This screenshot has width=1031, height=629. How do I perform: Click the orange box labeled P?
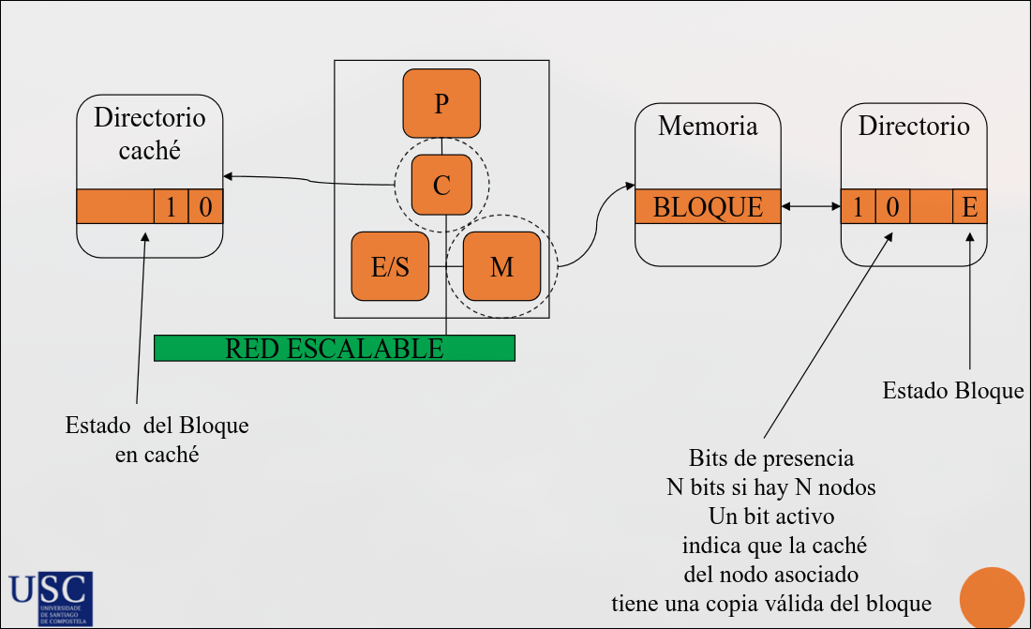pos(441,103)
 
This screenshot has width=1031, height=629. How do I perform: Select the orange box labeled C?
pos(441,185)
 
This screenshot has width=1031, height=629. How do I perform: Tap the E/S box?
pos(390,266)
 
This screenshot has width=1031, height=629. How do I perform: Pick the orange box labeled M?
pos(501,266)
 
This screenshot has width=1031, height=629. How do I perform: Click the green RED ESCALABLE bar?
pos(334,348)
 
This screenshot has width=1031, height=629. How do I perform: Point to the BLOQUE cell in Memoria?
pos(708,206)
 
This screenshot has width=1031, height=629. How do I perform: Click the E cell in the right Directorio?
pos(970,206)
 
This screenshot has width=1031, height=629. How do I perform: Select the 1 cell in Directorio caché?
pos(172,206)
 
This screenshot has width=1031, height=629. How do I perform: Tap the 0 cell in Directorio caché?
pos(206,206)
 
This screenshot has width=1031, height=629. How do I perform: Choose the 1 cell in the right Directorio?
pos(858,206)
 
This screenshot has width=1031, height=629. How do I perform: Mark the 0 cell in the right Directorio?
pos(892,206)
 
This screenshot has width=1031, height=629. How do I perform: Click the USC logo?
pos(51,598)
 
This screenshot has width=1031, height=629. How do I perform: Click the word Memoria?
pos(708,126)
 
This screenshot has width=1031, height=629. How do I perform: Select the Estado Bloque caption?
pos(953,390)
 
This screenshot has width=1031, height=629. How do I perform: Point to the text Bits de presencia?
pos(771,458)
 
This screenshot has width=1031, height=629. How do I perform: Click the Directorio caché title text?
pos(150,134)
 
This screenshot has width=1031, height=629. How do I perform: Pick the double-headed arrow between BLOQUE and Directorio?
pos(810,206)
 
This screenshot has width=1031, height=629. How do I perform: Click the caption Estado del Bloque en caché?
pos(157,440)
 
